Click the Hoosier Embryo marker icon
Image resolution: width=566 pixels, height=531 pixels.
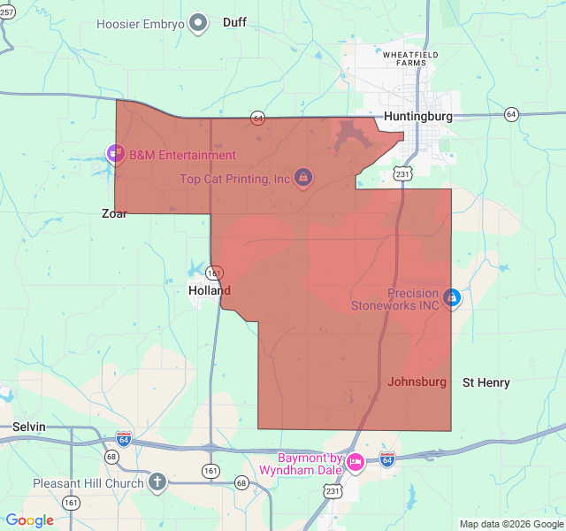(199, 23)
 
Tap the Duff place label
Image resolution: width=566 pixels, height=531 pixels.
(234, 22)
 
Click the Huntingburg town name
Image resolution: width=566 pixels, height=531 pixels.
(418, 116)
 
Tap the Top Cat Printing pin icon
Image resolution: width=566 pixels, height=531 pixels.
(303, 179)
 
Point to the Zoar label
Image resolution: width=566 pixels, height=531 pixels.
(114, 213)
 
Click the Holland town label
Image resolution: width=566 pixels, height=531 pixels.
(210, 290)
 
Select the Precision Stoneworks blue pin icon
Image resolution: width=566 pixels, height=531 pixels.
(451, 298)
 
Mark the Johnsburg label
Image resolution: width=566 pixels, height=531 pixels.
(417, 382)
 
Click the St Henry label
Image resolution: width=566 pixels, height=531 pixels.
(486, 382)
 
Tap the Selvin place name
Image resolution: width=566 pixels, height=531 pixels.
(29, 427)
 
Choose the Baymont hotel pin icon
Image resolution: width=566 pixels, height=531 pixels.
(356, 462)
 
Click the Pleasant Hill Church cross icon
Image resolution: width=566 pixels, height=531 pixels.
(157, 482)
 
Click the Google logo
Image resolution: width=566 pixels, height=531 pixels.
(30, 520)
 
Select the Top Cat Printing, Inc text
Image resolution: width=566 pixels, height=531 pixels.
(235, 179)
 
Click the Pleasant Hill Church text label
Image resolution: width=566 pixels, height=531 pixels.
(88, 483)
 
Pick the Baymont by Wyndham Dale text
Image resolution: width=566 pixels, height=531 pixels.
(310, 464)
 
